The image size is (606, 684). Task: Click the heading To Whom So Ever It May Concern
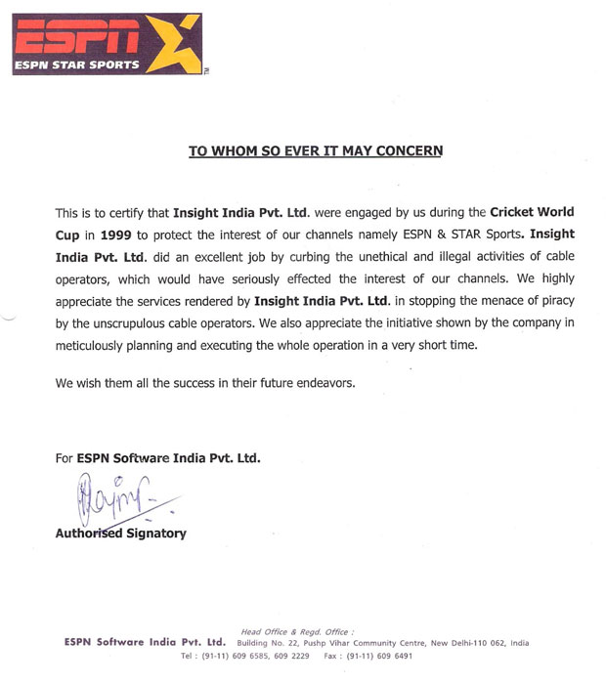tap(315, 151)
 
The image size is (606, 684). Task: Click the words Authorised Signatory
tap(120, 534)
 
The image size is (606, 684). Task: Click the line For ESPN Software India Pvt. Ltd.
tap(157, 457)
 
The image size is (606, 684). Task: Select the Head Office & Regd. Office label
tap(298, 631)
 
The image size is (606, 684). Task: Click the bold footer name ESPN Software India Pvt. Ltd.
tap(144, 643)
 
